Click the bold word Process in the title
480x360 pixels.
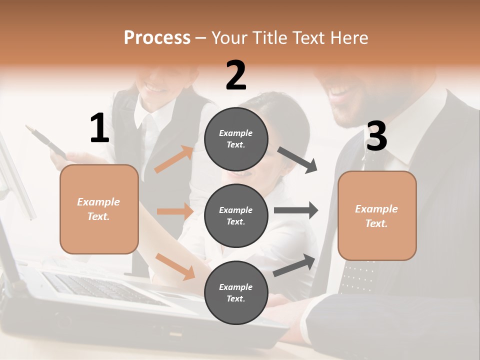157,37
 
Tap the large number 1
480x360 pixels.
99,129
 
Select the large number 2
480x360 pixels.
236,75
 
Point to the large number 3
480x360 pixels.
376,136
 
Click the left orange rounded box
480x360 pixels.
99,209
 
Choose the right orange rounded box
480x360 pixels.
377,215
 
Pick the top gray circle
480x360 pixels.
236,138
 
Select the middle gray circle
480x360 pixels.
236,215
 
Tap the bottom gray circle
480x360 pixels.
236,292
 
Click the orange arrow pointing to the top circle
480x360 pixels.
174,159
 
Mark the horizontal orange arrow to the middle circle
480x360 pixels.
175,211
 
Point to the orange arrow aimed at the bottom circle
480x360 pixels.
175,266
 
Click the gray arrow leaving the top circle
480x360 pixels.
297,160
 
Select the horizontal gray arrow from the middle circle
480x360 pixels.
295,210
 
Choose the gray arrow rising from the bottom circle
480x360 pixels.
294,265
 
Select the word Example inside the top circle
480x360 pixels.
236,133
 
